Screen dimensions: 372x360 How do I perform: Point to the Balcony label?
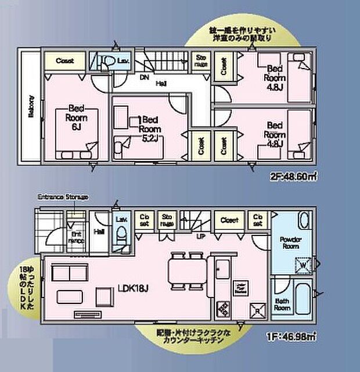[x=30, y=106]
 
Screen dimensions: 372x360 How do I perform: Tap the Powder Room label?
[x=289, y=242]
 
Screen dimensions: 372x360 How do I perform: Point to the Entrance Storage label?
[x=63, y=197]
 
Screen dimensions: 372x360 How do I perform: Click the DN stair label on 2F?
[x=143, y=76]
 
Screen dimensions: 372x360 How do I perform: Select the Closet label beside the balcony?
[x=64, y=60]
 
